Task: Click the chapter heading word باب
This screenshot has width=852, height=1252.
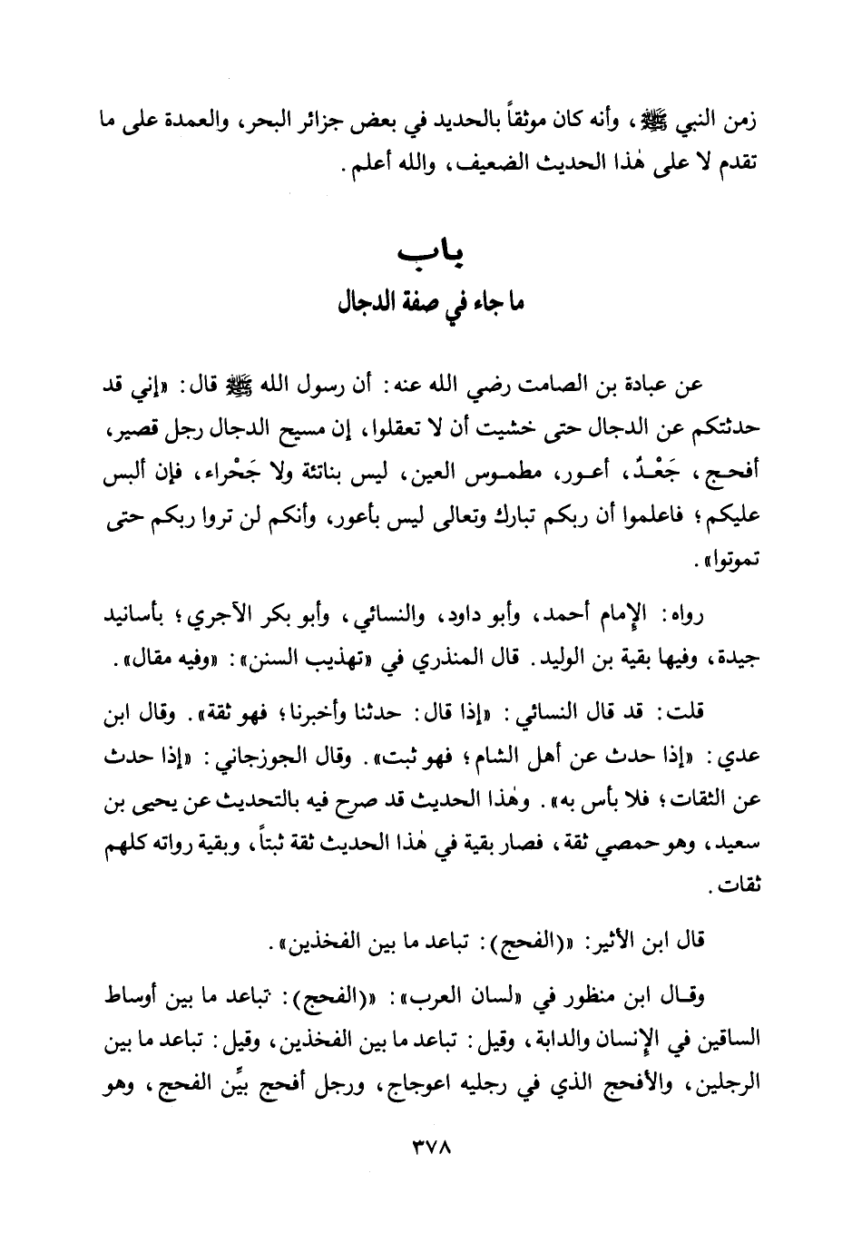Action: click(425, 254)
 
